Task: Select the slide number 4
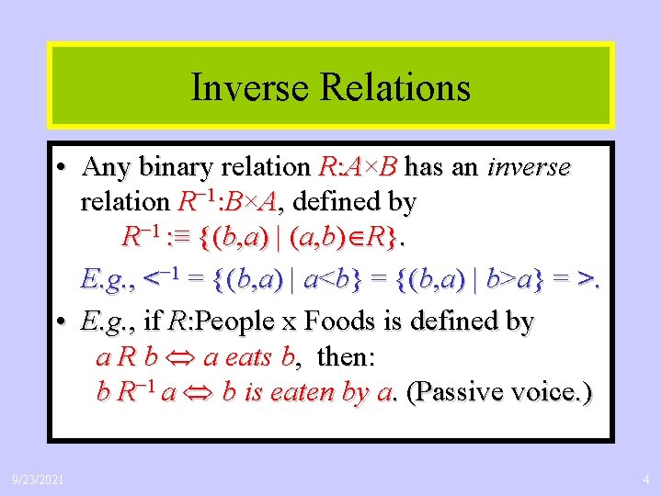tap(646, 478)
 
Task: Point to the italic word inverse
tap(529, 167)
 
